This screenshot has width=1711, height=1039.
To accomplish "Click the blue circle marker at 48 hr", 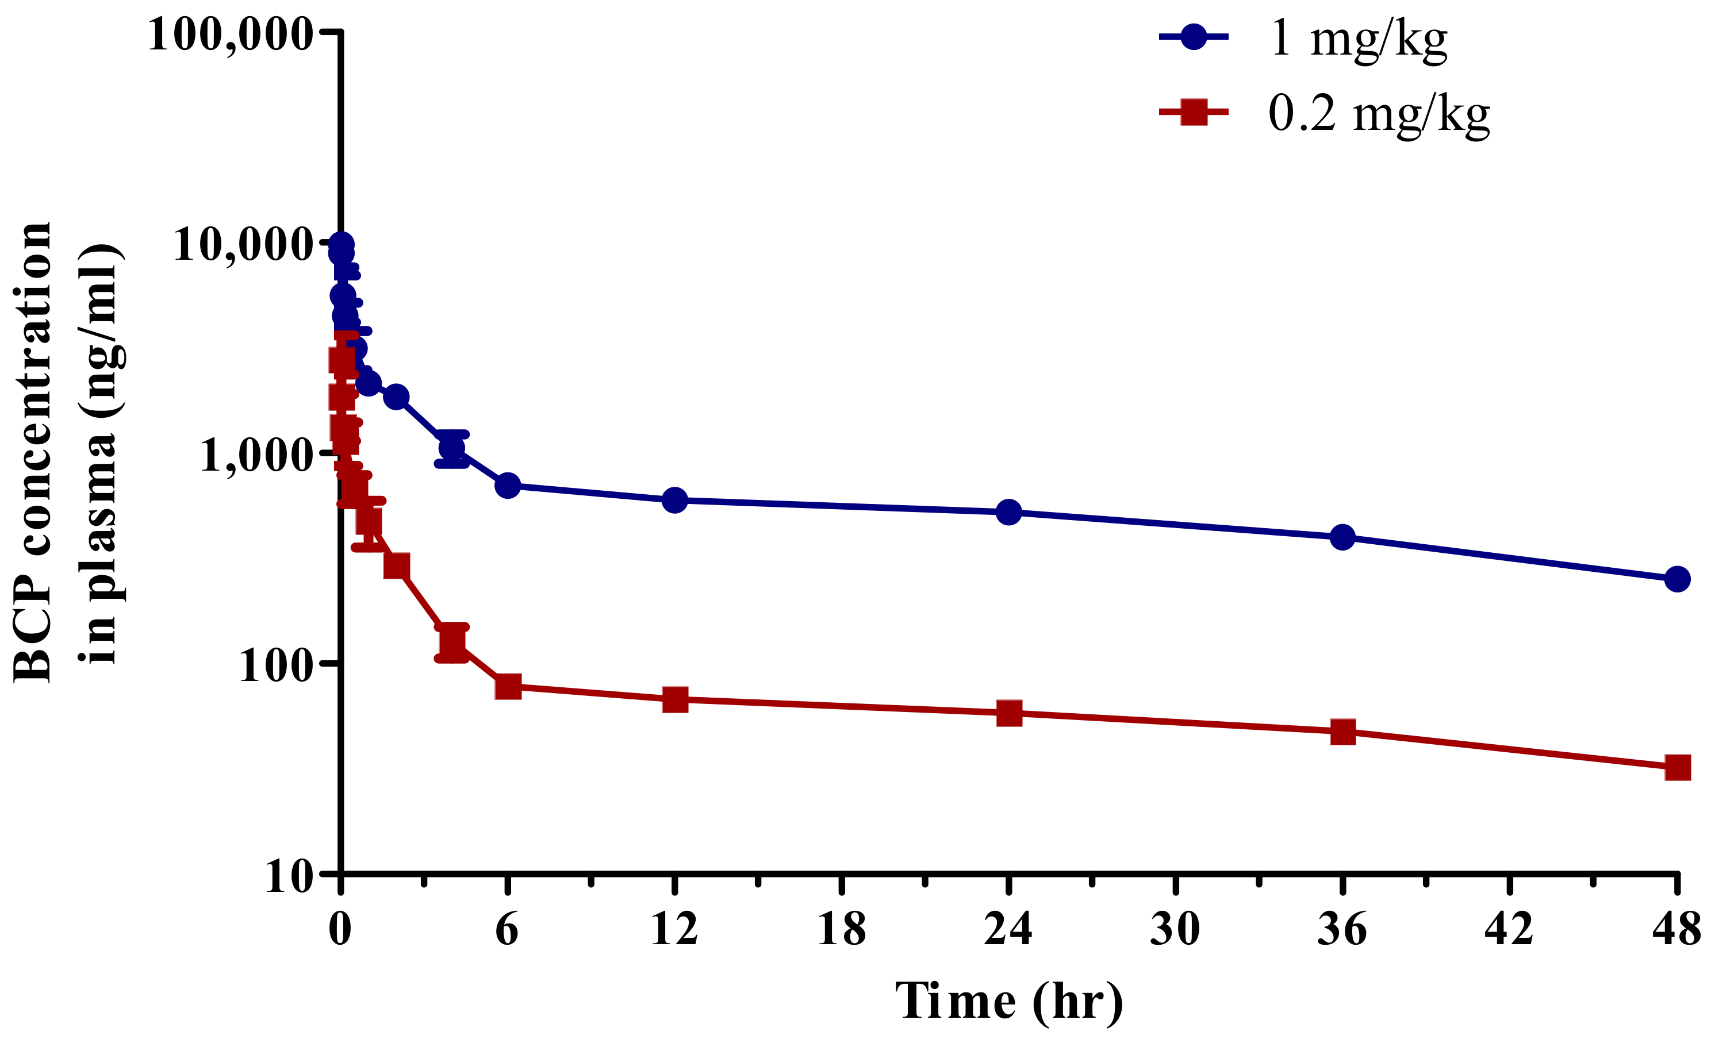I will click(1677, 579).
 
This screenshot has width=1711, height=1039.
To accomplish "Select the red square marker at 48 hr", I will click(1677, 768).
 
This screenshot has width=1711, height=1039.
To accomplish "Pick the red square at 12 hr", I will click(674, 699).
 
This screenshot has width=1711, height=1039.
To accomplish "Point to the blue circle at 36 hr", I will click(1342, 537).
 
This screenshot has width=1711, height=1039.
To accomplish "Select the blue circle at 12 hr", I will click(674, 500).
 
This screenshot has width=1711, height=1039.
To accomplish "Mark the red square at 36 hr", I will click(1342, 732).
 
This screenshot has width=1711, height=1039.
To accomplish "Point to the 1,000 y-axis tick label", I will click(256, 455).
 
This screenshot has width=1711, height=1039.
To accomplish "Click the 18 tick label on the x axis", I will click(842, 929).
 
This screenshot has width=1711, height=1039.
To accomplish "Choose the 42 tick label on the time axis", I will click(1509, 929).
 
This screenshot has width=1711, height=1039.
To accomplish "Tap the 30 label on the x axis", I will click(1175, 929).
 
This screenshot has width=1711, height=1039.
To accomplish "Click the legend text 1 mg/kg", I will click(1358, 39).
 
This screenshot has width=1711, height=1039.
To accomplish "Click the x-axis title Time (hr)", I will click(1008, 1001).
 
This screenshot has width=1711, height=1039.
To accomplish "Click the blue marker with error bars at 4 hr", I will click(451, 448).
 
